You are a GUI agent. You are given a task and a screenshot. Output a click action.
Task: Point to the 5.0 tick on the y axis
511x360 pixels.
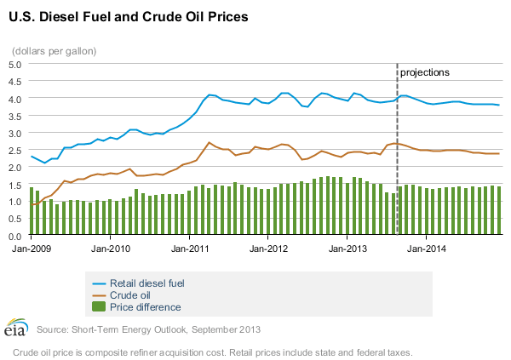16,64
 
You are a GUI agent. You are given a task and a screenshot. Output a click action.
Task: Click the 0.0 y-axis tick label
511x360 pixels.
16,236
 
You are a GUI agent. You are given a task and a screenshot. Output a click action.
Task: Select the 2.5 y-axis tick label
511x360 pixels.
16,150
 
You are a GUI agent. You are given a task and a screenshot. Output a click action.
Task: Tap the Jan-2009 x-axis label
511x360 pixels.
31,249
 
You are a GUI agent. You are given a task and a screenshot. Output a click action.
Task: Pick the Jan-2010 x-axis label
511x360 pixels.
111,249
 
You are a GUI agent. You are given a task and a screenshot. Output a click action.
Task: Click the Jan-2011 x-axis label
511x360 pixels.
190,249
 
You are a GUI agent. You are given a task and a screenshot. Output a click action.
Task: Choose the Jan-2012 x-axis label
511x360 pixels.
269,249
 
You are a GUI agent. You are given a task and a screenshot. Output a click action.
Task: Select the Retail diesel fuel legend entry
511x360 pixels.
152,282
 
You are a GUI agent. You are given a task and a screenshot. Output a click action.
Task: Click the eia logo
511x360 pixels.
16,329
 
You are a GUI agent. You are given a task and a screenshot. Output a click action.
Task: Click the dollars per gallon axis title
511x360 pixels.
54,50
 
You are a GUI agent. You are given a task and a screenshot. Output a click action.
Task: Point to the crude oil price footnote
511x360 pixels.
213,351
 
